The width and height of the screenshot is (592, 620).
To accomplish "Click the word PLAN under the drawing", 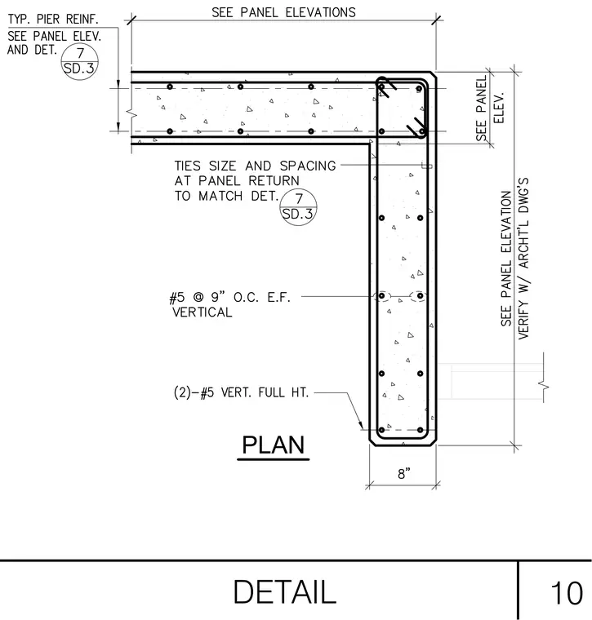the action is pyautogui.click(x=273, y=445).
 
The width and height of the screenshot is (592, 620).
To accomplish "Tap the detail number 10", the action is pyautogui.click(x=567, y=593).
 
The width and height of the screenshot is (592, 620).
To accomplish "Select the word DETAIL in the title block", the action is pyautogui.click(x=284, y=592).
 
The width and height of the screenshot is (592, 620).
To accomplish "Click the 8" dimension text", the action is pyautogui.click(x=404, y=474).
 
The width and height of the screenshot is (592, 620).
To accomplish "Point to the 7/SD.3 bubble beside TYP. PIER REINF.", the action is pyautogui.click(x=80, y=61).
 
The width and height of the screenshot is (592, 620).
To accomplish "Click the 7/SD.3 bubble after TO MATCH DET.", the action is pyautogui.click(x=298, y=206).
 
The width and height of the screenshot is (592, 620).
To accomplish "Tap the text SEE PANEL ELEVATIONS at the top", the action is pyautogui.click(x=283, y=12).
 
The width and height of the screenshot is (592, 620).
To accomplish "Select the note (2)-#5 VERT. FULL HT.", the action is pyautogui.click(x=241, y=392).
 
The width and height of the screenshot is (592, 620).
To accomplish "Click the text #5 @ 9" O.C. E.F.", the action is pyautogui.click(x=230, y=297).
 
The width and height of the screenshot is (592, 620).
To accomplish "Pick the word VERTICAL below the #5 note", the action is pyautogui.click(x=203, y=312).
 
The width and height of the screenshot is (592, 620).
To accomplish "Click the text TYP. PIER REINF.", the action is pyautogui.click(x=53, y=19).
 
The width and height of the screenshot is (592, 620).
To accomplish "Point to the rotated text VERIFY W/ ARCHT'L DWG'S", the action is pyautogui.click(x=523, y=259).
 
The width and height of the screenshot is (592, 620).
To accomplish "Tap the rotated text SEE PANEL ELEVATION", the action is pyautogui.click(x=506, y=259).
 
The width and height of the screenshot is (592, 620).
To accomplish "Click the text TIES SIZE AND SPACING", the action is pyautogui.click(x=256, y=166).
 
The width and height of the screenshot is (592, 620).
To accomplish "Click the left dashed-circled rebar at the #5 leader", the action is pyautogui.click(x=382, y=296).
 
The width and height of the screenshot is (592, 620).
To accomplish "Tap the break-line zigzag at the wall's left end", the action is pyautogui.click(x=132, y=113).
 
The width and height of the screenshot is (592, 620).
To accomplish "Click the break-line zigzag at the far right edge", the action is pyautogui.click(x=544, y=385).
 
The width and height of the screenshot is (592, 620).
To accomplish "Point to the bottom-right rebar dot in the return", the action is pyautogui.click(x=421, y=430).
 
